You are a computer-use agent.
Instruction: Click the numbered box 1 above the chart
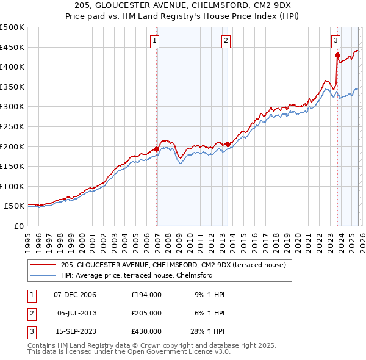pyautogui.click(x=155, y=41)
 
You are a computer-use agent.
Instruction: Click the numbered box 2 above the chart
pyautogui.click(x=226, y=41)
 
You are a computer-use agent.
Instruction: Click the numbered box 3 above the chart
pyautogui.click(x=335, y=41)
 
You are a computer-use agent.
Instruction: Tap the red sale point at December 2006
pyautogui.click(x=157, y=149)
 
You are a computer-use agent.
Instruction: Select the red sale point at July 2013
pyautogui.click(x=228, y=144)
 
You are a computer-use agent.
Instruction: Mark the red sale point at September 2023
pyautogui.click(x=337, y=55)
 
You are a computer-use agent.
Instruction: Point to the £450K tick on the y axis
pyautogui.click(x=12, y=48)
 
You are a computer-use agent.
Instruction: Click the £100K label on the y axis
pyautogui.click(x=12, y=187)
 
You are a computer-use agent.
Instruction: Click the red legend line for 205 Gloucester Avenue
pyautogui.click(x=43, y=265)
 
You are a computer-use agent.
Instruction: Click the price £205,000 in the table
pyautogui.click(x=146, y=313)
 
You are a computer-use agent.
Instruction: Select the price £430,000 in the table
pyautogui.click(x=146, y=331)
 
